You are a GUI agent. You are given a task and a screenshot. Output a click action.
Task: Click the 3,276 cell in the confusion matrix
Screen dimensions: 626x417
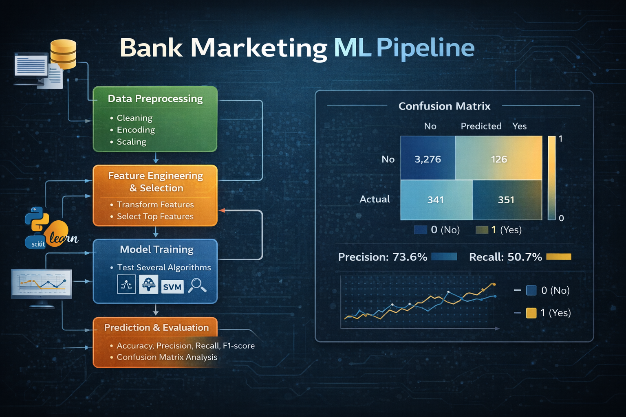(x=428, y=158)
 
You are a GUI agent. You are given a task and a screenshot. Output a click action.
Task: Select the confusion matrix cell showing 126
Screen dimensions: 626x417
(x=499, y=158)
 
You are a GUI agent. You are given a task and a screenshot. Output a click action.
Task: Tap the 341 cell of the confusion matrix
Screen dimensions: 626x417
(x=436, y=200)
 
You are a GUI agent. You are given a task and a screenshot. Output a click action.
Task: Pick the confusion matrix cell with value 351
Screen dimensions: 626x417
(x=507, y=200)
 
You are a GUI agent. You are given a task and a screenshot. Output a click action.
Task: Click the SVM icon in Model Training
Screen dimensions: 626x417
(x=172, y=287)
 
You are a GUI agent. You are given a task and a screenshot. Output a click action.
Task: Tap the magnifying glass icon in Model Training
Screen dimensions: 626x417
(x=197, y=285)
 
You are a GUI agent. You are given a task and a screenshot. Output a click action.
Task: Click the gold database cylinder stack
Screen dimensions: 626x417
(x=63, y=54)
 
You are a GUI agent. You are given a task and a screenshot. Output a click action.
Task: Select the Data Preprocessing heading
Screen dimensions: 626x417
(x=155, y=99)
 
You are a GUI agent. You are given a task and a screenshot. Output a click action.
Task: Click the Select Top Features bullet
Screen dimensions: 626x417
(x=152, y=217)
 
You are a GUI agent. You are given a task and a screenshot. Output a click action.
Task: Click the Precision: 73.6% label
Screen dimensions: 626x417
(x=383, y=257)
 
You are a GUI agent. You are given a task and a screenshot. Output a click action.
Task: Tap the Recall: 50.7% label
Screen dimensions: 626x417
(x=505, y=257)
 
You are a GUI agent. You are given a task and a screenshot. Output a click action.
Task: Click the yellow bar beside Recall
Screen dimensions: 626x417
(x=559, y=257)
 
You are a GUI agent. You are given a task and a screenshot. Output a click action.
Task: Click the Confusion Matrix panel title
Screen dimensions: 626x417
(x=444, y=106)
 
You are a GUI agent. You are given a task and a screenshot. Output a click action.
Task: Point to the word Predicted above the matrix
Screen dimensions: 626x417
(x=481, y=126)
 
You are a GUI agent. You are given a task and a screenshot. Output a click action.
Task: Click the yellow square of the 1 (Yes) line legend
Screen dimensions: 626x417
(x=531, y=313)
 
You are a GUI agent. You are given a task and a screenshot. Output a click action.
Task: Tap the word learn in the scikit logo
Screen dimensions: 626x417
(x=64, y=238)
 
